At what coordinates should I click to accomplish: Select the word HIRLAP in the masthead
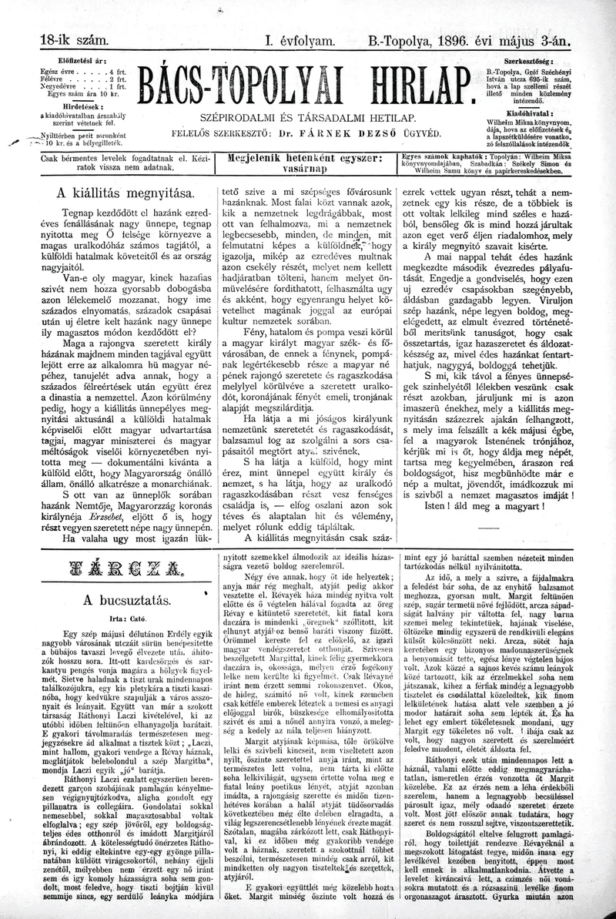point(408,86)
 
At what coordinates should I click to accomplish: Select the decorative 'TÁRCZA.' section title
point(117,571)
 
